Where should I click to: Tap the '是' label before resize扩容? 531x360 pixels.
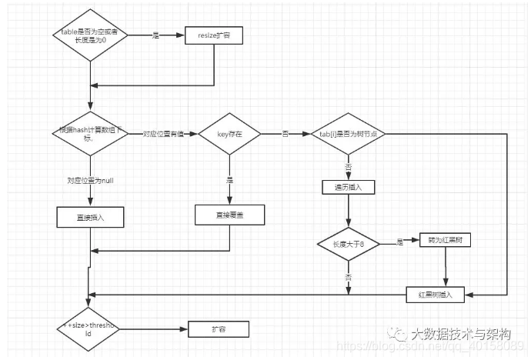point(155,36)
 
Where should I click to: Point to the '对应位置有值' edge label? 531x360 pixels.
point(163,134)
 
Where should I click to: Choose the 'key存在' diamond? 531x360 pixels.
point(229,134)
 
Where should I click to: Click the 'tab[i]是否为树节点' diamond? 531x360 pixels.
point(349,134)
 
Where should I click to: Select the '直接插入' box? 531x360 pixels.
point(91,218)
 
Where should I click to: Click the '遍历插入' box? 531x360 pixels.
point(349,187)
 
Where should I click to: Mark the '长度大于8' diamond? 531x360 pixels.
point(349,243)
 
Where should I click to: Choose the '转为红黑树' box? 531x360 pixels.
point(445,240)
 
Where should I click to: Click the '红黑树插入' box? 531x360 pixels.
point(434,294)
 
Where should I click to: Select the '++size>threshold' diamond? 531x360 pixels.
point(89,330)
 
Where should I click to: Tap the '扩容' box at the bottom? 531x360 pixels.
point(219,329)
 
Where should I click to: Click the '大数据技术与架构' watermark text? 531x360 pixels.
point(460,334)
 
